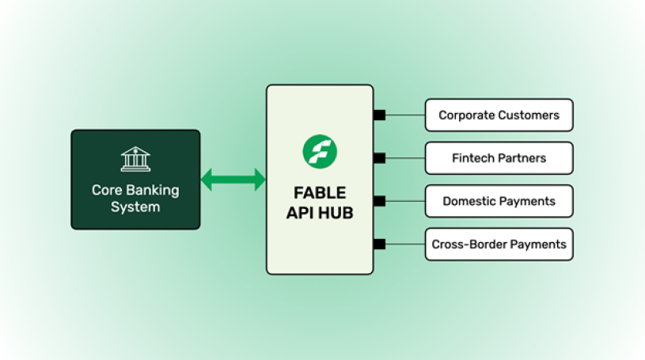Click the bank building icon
pos(135,159)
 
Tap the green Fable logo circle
pos(320,151)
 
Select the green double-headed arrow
pos(233,180)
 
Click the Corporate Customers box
pos(499,116)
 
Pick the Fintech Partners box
pos(499,158)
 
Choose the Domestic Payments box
pos(499,201)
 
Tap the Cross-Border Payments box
pos(499,244)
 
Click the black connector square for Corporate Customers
pos(379,116)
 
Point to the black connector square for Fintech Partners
pos(379,158)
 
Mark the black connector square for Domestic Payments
pos(379,201)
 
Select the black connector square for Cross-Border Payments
pos(379,244)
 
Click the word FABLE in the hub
pos(320,193)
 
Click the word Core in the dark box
pos(106,191)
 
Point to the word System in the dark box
pos(135,207)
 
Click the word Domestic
pos(470,201)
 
